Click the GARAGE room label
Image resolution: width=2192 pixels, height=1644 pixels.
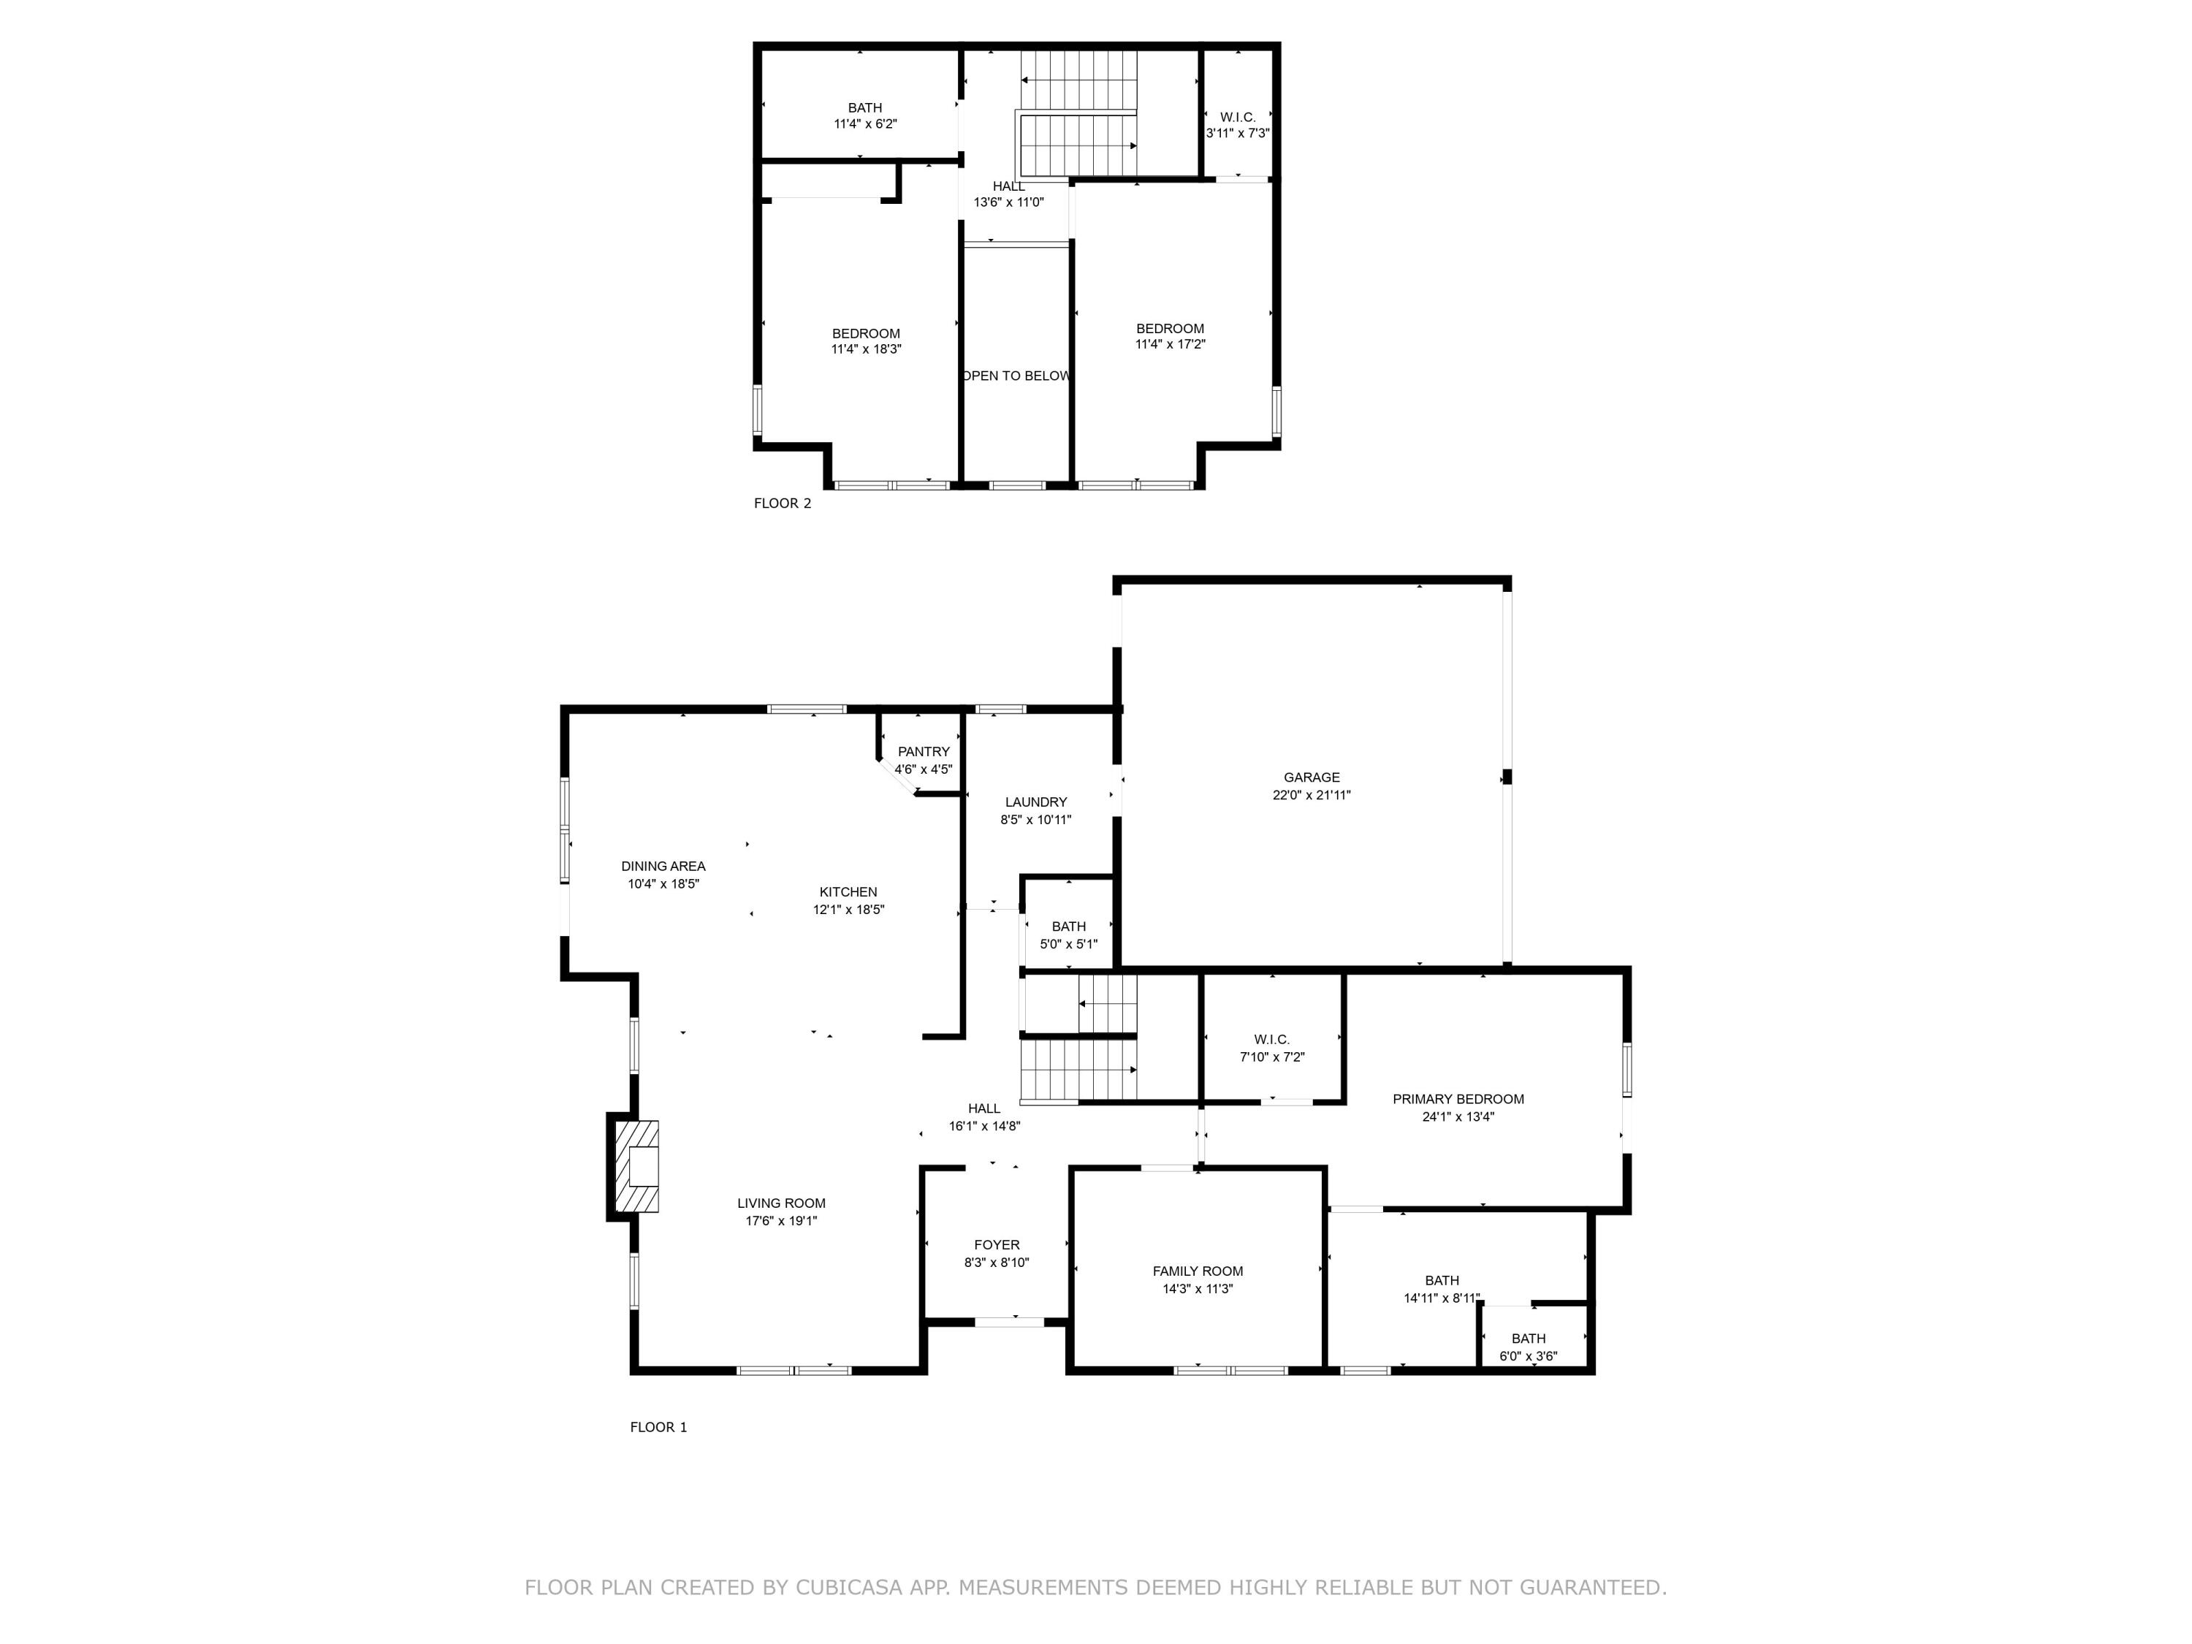point(1311,777)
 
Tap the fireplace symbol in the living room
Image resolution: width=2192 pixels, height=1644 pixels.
point(636,1165)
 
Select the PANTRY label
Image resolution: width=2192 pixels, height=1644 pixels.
point(923,751)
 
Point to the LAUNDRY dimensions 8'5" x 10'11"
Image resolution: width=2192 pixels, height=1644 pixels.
point(1035,820)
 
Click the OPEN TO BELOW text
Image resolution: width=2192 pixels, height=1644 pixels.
point(1017,376)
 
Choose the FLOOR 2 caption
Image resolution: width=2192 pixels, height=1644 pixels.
point(782,503)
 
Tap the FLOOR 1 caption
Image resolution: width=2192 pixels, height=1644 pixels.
point(658,1426)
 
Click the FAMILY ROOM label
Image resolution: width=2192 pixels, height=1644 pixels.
point(1197,1271)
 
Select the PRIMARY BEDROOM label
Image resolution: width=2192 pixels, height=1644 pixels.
point(1458,1098)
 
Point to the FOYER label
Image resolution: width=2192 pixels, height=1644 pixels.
point(996,1244)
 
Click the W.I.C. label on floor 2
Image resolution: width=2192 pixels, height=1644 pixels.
point(1238,117)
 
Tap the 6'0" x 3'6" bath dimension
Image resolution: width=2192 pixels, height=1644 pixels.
point(1528,1355)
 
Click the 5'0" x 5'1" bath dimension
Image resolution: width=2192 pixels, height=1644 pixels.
point(1068,943)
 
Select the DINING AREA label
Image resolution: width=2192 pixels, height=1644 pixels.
point(663,865)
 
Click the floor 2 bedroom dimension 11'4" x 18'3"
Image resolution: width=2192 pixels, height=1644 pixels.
point(866,349)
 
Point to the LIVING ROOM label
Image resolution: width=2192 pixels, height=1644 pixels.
point(781,1203)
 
